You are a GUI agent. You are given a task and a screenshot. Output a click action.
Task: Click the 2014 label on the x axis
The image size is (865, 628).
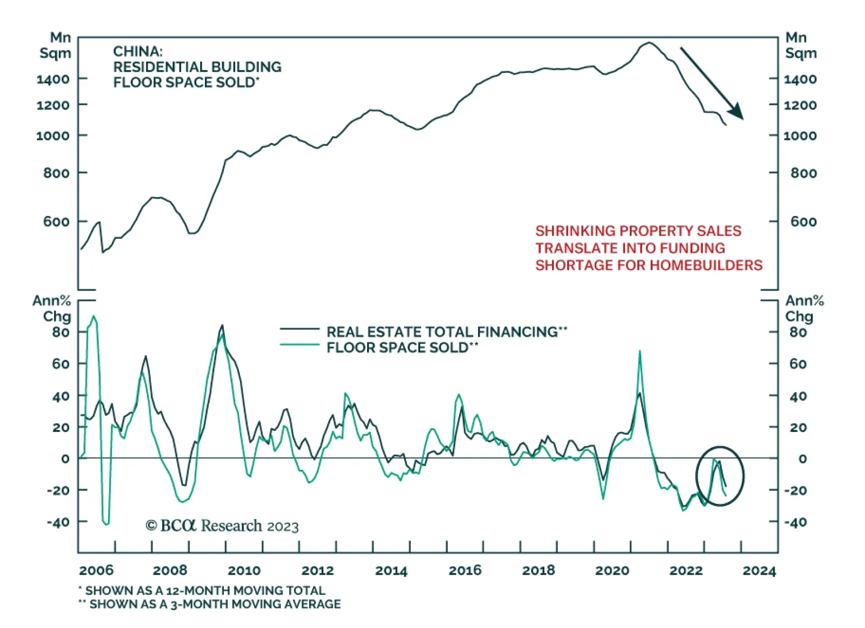coord(391,570)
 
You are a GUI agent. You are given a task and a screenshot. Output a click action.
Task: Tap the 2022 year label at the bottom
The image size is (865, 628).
coord(686,570)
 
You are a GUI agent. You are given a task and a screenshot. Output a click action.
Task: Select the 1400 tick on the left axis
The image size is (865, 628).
coord(53,79)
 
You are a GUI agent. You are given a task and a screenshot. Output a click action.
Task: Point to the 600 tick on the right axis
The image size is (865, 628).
coord(803,221)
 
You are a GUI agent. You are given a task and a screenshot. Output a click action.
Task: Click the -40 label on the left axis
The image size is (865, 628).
coord(58,522)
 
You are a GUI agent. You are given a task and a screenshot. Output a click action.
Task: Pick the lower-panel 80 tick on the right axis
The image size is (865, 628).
coord(798,332)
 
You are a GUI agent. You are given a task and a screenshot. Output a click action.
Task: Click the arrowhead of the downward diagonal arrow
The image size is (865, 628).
coord(736,112)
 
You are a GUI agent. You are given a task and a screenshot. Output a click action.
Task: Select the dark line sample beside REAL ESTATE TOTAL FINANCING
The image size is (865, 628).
coord(300,329)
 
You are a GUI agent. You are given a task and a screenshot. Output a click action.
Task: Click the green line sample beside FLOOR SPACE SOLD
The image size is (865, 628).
coord(300,345)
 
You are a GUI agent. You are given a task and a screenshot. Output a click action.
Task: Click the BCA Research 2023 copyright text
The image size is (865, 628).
coord(222,525)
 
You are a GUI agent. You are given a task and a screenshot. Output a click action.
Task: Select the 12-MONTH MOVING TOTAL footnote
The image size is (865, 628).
coord(205,590)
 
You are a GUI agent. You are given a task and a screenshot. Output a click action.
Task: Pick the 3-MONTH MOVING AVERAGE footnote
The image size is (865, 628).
coord(215,604)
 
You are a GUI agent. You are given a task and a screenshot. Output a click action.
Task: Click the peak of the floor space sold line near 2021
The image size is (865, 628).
coord(649,43)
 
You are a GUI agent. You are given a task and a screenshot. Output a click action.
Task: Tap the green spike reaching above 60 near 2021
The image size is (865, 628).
coord(640,352)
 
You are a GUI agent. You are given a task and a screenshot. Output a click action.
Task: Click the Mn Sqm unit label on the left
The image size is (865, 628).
coord(55,45)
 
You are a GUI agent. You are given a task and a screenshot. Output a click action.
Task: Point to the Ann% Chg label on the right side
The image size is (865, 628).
coord(804,308)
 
